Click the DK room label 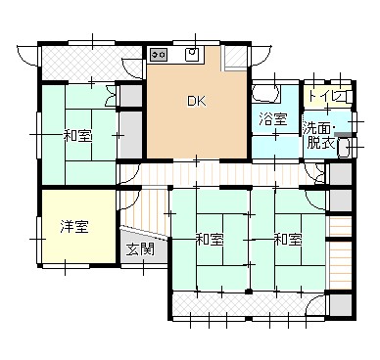(x=197, y=102)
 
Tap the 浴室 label (x=273, y=119)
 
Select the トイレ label (x=327, y=97)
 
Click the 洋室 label (x=74, y=227)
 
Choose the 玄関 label (x=140, y=249)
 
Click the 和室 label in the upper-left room (x=77, y=136)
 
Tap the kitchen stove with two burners (x=159, y=55)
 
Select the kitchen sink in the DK (x=193, y=54)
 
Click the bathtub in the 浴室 (x=266, y=92)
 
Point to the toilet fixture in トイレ (x=349, y=96)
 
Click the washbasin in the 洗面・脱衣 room (x=345, y=147)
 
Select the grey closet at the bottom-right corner (x=341, y=306)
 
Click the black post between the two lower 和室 (x=249, y=292)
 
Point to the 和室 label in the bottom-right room (x=288, y=240)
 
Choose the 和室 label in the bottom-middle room (x=210, y=240)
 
